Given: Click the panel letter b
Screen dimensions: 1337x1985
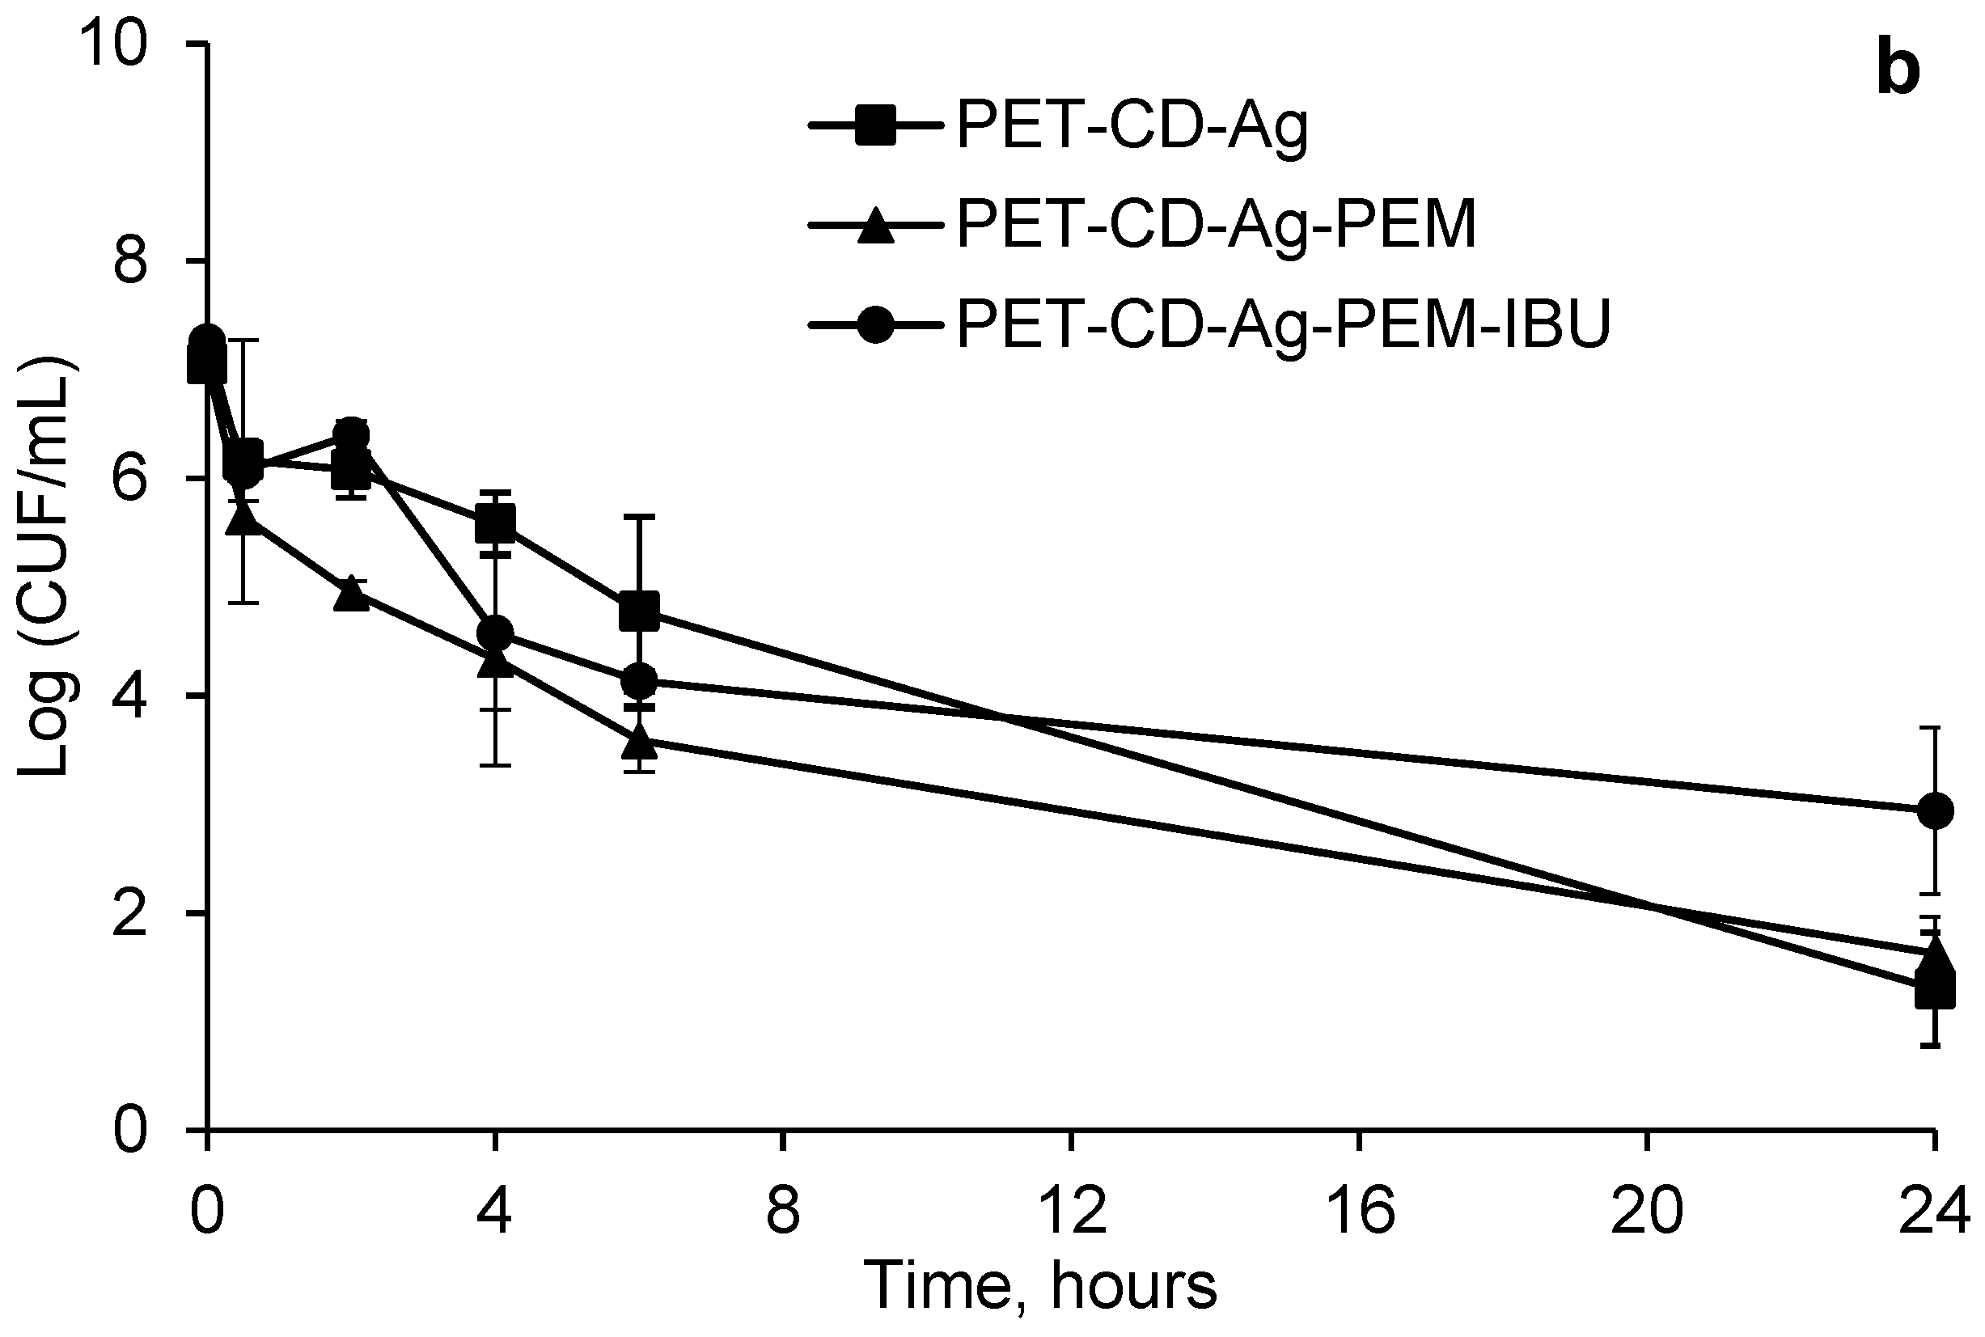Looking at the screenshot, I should pos(1898,72).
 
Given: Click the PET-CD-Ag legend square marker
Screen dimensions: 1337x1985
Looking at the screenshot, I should pos(876,126).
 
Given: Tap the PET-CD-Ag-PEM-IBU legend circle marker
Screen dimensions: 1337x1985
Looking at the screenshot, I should pos(876,325).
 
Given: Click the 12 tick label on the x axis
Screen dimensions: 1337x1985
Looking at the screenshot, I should pos(1073,1211).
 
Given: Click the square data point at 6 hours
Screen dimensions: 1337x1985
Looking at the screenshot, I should pos(639,611).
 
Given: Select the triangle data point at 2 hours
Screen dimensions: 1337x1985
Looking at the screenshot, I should pos(351,594).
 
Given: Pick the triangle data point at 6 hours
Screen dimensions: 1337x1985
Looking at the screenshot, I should pos(640,741).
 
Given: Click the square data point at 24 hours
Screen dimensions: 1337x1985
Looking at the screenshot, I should pos(1935,992).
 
